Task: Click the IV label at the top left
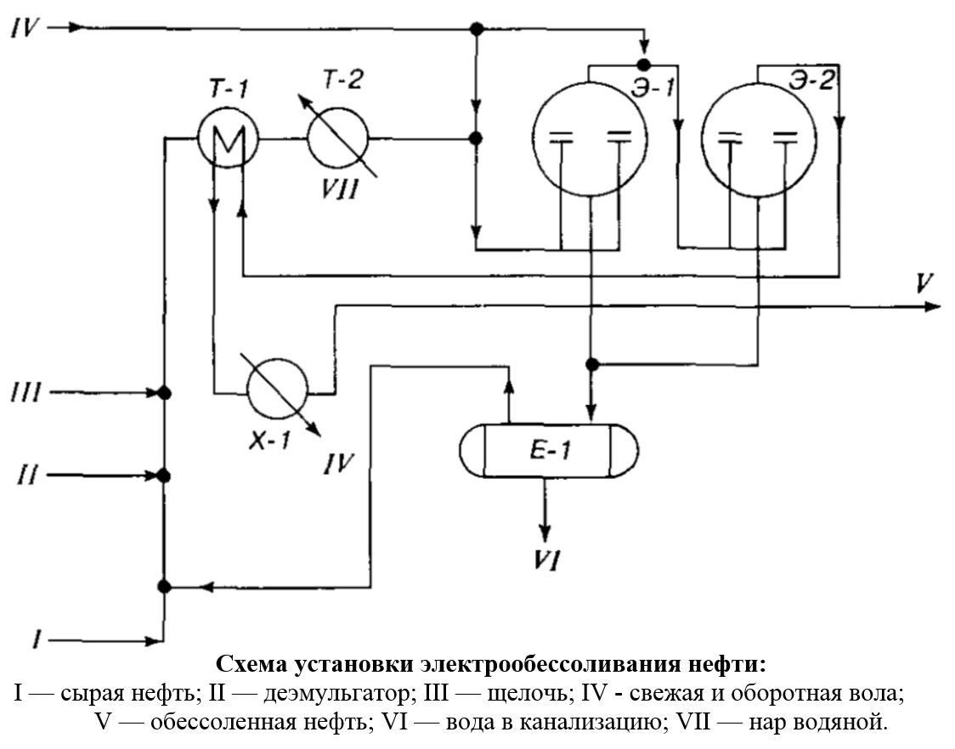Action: tap(25, 28)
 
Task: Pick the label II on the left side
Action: tap(27, 476)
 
